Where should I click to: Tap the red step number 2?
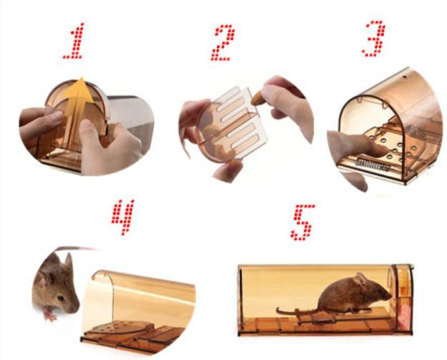coord(223,43)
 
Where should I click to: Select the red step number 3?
coord(374,38)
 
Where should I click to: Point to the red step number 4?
coord(123,218)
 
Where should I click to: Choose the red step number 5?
coord(303,222)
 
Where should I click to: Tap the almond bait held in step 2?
coord(259,98)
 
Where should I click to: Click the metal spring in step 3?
coord(372,165)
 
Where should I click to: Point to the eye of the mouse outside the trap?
coord(61,298)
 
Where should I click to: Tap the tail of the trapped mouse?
coord(297,311)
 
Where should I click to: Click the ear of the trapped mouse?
coord(360,280)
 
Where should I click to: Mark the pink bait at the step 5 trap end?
coord(405,316)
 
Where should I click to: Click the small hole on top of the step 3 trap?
coord(404,77)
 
